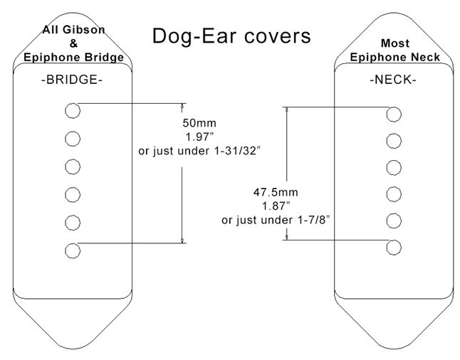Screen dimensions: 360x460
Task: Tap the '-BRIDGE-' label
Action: (x=71, y=80)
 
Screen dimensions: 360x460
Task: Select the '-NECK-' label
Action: (x=392, y=80)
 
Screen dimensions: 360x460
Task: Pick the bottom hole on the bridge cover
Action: (x=71, y=250)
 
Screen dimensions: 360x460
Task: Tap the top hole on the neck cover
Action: (x=392, y=114)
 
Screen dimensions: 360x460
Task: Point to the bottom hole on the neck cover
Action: (x=392, y=247)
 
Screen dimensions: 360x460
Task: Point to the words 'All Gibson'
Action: (x=73, y=31)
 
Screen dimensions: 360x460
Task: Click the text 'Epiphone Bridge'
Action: (x=73, y=57)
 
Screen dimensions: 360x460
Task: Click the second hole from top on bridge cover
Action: (x=71, y=137)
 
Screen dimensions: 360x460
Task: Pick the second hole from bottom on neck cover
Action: (x=392, y=221)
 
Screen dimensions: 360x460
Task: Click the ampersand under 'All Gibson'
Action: (x=74, y=43)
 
